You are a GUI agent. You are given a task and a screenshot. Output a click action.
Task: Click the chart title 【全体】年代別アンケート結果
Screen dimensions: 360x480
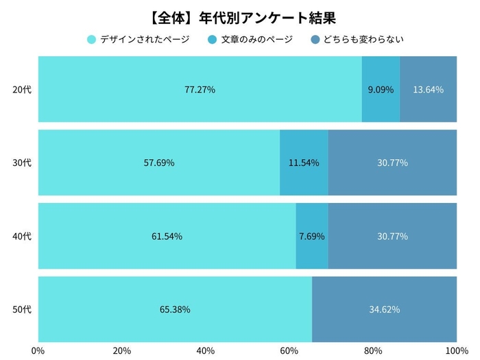click(x=239, y=15)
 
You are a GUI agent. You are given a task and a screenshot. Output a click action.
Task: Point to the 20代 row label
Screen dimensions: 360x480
click(x=23, y=89)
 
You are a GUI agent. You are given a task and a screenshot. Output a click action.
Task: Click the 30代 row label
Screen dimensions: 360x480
click(x=23, y=163)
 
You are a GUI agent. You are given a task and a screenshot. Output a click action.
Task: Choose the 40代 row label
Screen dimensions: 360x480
click(x=23, y=236)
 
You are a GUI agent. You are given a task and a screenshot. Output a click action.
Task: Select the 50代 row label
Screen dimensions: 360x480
click(x=23, y=309)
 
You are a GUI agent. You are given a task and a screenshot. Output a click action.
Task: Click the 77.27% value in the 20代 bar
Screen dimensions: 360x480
click(x=200, y=89)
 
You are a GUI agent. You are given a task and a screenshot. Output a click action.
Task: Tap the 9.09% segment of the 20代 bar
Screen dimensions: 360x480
click(x=381, y=89)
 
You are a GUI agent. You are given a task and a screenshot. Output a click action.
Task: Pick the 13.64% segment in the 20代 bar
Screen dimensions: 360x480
click(x=428, y=89)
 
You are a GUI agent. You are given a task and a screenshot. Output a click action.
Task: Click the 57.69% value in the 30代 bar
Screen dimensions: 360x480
click(x=158, y=163)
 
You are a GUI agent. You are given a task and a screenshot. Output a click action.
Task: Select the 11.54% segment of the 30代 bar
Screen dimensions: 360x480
click(x=304, y=163)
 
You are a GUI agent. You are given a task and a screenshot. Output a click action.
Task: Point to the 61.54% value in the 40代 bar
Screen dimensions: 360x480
click(x=167, y=236)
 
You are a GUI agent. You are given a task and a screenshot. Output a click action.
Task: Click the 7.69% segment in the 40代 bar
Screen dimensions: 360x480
click(x=312, y=236)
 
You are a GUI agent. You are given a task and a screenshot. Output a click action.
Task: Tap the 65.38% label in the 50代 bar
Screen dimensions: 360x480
click(x=175, y=309)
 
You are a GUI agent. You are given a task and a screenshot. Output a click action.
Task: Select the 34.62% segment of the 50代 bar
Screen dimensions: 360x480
click(x=384, y=309)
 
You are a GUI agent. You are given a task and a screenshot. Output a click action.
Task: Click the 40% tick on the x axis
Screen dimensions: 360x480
click(x=205, y=350)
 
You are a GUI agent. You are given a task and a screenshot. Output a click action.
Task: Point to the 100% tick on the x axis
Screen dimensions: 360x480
click(x=455, y=350)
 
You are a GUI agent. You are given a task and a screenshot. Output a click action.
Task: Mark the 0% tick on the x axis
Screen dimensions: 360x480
click(x=38, y=350)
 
